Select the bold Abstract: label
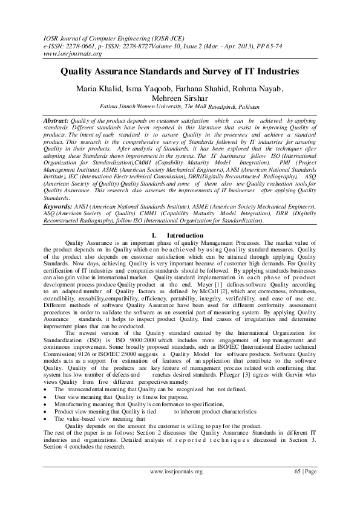pos(57,121)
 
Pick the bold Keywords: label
pos(59,207)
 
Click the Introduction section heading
pos(185,235)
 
